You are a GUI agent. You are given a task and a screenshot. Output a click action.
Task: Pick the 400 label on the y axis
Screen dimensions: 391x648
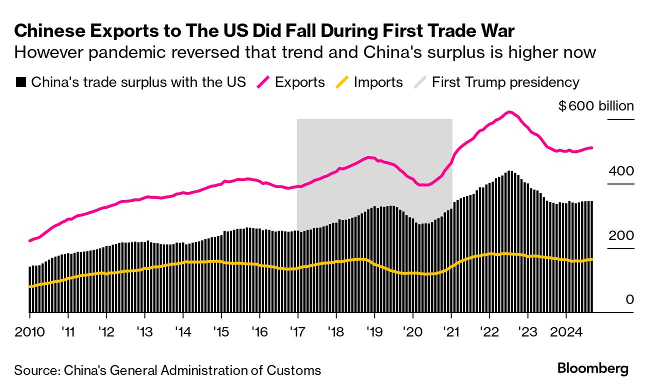(621, 171)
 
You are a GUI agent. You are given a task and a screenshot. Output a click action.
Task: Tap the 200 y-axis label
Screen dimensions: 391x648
(621, 235)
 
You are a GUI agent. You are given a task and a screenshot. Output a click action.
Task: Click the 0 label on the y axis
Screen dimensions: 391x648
(629, 299)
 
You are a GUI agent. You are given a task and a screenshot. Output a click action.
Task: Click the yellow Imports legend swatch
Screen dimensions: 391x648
(341, 82)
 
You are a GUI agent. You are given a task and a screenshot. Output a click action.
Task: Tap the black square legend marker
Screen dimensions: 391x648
(20, 82)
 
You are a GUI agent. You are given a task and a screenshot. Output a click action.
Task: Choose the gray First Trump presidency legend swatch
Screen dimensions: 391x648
(419, 82)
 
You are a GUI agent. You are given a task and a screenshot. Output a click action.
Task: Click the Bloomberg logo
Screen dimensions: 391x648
(592, 369)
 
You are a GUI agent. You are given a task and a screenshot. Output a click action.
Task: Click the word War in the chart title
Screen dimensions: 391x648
(494, 31)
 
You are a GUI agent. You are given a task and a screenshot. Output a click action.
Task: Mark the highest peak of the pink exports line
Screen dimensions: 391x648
(509, 111)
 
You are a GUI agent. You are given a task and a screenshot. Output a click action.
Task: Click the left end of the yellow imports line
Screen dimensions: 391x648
(30, 286)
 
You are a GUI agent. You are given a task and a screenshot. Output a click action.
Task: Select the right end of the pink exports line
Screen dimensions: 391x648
(592, 147)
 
